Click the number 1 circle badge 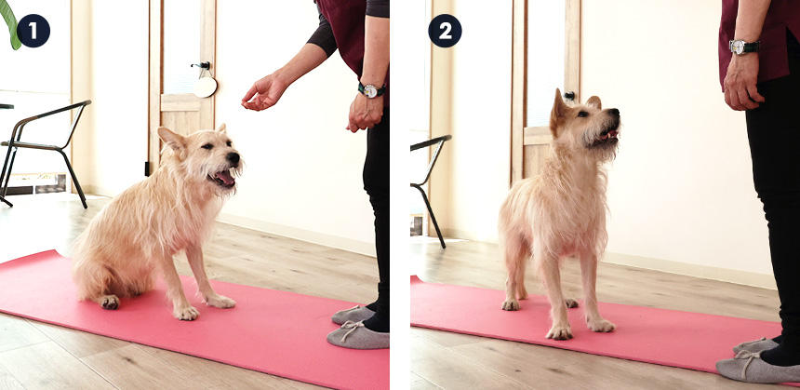(x=33, y=31)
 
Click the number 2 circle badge (x=445, y=31)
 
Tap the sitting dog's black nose (x=233, y=158)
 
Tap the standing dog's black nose (x=613, y=113)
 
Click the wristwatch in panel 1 (x=371, y=90)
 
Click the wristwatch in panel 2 (x=744, y=47)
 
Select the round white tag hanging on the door (x=205, y=87)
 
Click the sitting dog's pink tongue (x=224, y=178)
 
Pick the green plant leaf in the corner (x=10, y=23)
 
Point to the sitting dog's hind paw (x=110, y=302)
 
